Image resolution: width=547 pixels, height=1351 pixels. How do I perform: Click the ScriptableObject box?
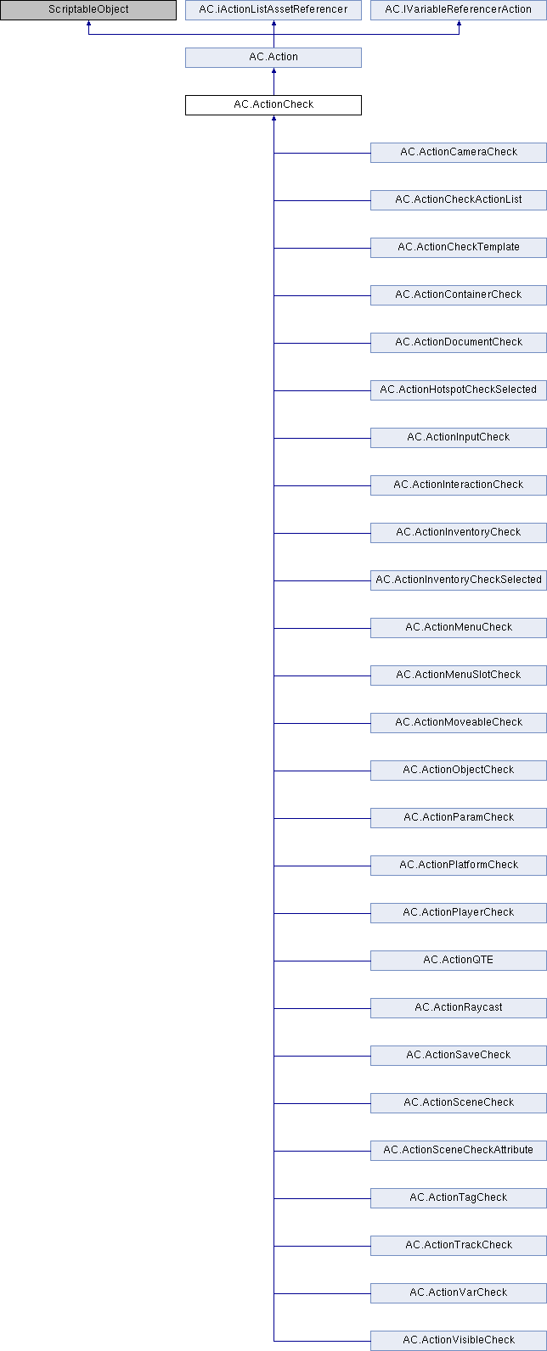pyautogui.click(x=88, y=9)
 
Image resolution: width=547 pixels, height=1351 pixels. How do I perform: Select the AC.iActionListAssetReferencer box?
pyautogui.click(x=273, y=9)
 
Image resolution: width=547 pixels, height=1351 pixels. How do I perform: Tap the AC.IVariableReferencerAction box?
pyautogui.click(x=459, y=9)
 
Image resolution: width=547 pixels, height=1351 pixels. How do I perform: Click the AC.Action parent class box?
pyautogui.click(x=273, y=58)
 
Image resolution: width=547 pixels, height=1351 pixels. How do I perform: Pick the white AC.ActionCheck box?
pyautogui.click(x=273, y=105)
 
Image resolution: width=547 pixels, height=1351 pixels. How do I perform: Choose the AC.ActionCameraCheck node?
pyautogui.click(x=459, y=153)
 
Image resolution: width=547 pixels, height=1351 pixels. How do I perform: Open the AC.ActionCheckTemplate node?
pyautogui.click(x=459, y=247)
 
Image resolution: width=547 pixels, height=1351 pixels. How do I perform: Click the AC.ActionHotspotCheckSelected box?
pyautogui.click(x=459, y=390)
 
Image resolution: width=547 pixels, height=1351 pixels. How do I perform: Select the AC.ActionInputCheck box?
pyautogui.click(x=459, y=438)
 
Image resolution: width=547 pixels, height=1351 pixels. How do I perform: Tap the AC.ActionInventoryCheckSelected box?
pyautogui.click(x=459, y=580)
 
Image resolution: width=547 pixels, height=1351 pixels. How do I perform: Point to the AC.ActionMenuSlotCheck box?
pyautogui.click(x=459, y=675)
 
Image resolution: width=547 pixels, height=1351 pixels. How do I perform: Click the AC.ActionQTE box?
pyautogui.click(x=459, y=960)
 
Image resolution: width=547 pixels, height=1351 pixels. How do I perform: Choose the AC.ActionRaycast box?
pyautogui.click(x=459, y=1008)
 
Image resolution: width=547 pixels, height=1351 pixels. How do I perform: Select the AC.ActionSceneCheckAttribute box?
pyautogui.click(x=459, y=1150)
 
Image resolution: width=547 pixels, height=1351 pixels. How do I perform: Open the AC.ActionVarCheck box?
pyautogui.click(x=459, y=1293)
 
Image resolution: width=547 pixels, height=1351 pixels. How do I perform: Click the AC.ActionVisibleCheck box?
pyautogui.click(x=459, y=1341)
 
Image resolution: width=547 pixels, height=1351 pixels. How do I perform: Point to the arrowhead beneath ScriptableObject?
pyautogui.click(x=88, y=23)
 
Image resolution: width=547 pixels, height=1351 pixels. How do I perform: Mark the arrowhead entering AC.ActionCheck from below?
pyautogui.click(x=274, y=118)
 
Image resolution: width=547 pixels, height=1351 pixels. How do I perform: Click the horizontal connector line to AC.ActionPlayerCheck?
pyautogui.click(x=323, y=913)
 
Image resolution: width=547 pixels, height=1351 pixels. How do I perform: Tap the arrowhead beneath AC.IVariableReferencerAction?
pyautogui.click(x=459, y=23)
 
